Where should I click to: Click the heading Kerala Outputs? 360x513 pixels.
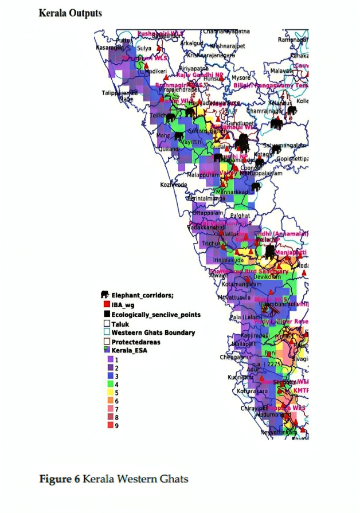[x=70, y=13]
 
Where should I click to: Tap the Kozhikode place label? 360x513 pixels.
[x=173, y=185]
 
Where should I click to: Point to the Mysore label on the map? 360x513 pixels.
[x=241, y=77]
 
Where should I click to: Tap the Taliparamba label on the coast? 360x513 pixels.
[x=119, y=92]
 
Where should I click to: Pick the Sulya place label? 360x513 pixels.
[x=144, y=49]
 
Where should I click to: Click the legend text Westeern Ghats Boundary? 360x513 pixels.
[x=153, y=332]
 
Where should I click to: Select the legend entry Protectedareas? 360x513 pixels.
[x=136, y=342]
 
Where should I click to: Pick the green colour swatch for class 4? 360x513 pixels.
[x=107, y=384]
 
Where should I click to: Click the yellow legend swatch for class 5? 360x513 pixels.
[x=107, y=393]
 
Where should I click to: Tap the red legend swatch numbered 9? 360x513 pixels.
[x=107, y=426]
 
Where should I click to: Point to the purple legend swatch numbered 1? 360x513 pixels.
[x=107, y=359]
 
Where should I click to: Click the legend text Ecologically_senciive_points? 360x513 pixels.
[x=156, y=315]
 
